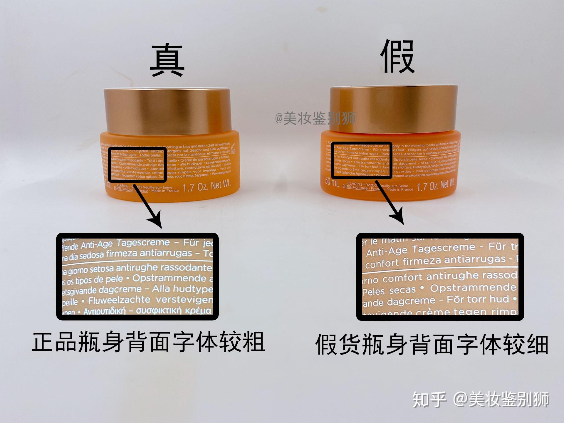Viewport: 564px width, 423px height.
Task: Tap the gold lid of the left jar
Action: [167, 110]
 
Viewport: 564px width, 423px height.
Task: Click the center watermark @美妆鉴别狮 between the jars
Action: [315, 118]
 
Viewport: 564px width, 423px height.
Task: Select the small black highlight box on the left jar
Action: [137, 165]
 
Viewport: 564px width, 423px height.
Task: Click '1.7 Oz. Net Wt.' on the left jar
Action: [206, 186]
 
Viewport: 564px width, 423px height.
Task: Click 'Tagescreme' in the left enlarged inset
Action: [143, 243]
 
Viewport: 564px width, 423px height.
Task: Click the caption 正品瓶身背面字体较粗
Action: [148, 342]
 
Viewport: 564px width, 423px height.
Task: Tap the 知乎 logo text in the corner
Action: [429, 399]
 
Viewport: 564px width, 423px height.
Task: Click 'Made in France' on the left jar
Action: [165, 191]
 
